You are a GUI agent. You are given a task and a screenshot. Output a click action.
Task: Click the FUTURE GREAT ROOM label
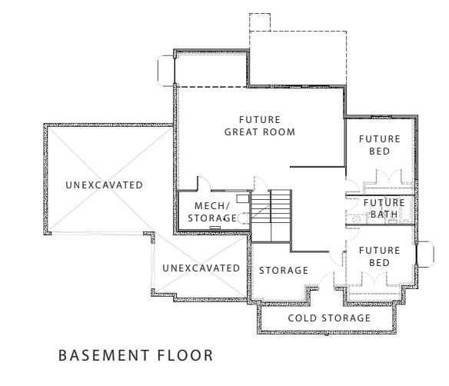(260, 125)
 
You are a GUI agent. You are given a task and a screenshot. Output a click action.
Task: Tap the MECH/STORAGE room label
(210, 211)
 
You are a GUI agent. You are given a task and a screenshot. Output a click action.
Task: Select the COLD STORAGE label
(329, 318)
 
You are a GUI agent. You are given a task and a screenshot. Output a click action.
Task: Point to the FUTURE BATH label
(383, 208)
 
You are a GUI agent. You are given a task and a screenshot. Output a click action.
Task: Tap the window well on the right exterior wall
(422, 256)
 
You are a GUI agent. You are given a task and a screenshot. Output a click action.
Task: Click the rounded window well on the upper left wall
(165, 70)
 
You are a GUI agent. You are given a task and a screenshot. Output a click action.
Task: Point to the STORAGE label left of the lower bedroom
(283, 270)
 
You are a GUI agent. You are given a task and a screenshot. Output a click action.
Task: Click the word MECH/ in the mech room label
(208, 205)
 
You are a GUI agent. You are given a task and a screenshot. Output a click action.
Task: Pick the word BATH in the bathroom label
(383, 214)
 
